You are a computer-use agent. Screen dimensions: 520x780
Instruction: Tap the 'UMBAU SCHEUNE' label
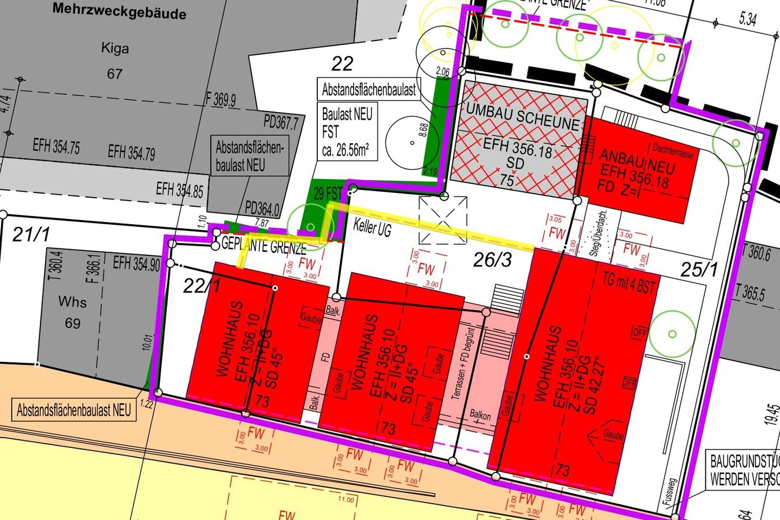click(x=522, y=116)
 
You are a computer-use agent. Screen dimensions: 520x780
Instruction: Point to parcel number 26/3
click(x=492, y=260)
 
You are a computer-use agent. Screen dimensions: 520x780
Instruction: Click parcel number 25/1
click(x=699, y=269)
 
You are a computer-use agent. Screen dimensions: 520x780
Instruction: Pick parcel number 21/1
click(x=31, y=235)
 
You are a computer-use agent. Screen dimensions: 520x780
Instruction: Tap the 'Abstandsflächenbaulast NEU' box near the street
click(x=74, y=411)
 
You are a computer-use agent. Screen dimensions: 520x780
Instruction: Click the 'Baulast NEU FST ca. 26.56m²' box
click(x=347, y=132)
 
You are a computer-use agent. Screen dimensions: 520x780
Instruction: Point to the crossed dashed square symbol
click(x=443, y=220)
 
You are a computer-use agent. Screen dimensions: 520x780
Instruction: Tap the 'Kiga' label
click(x=115, y=48)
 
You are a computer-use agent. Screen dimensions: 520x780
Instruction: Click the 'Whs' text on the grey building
click(x=73, y=302)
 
